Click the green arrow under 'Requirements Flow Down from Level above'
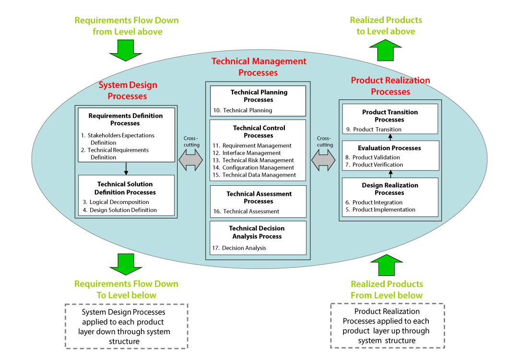(126, 50)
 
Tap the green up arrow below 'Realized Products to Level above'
(385, 50)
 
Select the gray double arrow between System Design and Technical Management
(191, 160)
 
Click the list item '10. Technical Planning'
(243, 110)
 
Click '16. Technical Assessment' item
(246, 211)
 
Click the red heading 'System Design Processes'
(128, 91)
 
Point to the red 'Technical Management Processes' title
(259, 67)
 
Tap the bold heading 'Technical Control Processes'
(259, 132)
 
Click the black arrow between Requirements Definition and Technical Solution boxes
(126, 168)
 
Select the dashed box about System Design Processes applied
(126, 326)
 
